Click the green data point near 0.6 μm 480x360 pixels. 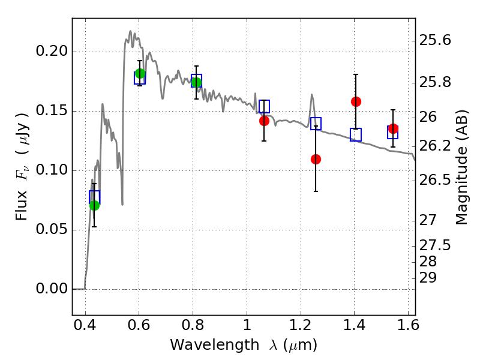pyautogui.click(x=140, y=73)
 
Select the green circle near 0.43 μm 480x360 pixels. pyautogui.click(x=95, y=205)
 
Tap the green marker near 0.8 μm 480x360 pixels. pyautogui.click(x=197, y=82)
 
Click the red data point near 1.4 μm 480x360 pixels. pyautogui.click(x=356, y=101)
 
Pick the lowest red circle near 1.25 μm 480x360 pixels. pyautogui.click(x=316, y=159)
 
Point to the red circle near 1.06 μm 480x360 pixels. pyautogui.click(x=264, y=121)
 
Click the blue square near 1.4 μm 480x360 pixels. pyautogui.click(x=356, y=134)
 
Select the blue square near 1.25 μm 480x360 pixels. pyautogui.click(x=316, y=124)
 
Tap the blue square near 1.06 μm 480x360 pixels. pyautogui.click(x=264, y=106)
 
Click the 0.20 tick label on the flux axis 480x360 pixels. pyautogui.click(x=52, y=51)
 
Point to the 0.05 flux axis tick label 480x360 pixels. pyautogui.click(x=52, y=229)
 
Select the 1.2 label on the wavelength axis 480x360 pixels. pyautogui.click(x=301, y=325)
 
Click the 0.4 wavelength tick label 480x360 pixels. pyautogui.click(x=85, y=325)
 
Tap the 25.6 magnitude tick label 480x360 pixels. pyautogui.click(x=434, y=40)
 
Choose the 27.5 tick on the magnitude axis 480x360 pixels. pyautogui.click(x=434, y=245)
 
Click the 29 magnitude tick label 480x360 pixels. pyautogui.click(x=428, y=278)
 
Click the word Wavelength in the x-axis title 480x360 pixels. pyautogui.click(x=215, y=345)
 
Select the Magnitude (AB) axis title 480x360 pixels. pyautogui.click(x=461, y=167)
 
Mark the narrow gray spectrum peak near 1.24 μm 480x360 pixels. pyautogui.click(x=312, y=95)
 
